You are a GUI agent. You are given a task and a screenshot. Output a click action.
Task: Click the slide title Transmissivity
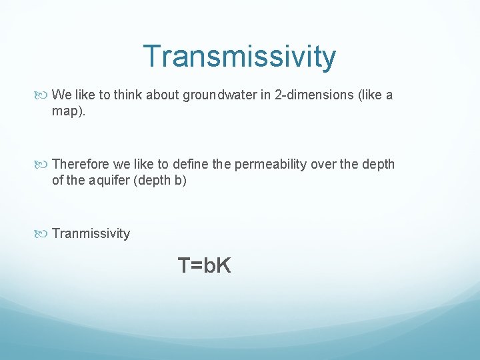pyautogui.click(x=239, y=57)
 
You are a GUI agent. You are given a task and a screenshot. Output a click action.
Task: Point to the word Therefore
pyautogui.click(x=81, y=164)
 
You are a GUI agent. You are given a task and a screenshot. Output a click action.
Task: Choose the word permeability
pyautogui.click(x=273, y=164)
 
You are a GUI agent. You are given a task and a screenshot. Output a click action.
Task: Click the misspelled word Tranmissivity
pyautogui.click(x=91, y=233)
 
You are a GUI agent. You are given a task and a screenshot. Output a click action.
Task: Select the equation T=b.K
pyautogui.click(x=204, y=266)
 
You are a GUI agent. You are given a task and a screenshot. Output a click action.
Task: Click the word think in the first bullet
pyautogui.click(x=127, y=95)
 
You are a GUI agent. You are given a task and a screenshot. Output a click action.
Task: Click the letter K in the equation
pyautogui.click(x=223, y=266)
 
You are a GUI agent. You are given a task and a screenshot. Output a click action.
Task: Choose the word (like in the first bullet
pyautogui.click(x=370, y=95)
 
